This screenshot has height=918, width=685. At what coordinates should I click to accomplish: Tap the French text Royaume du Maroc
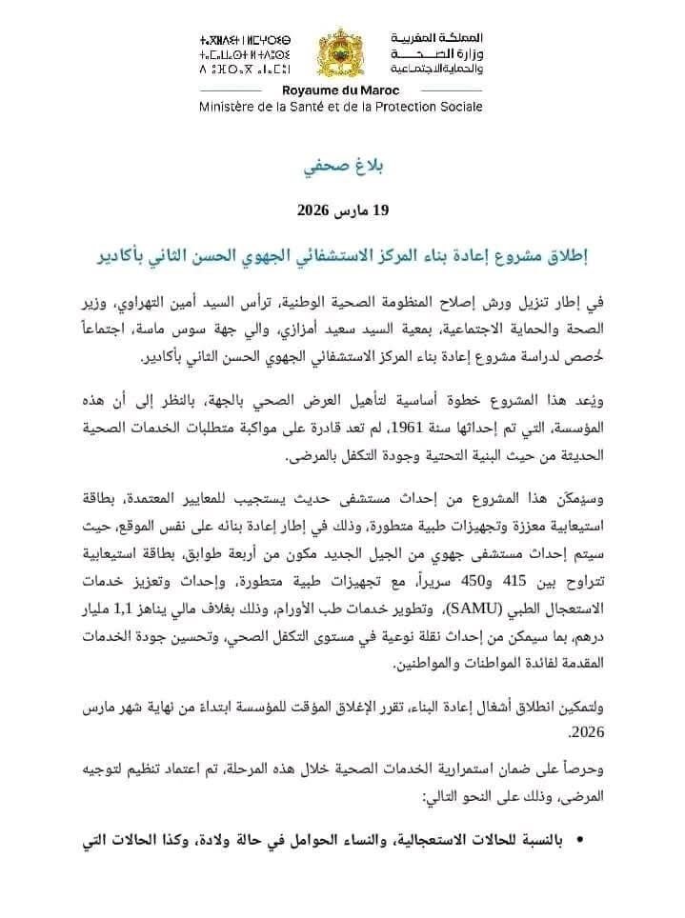click(x=340, y=90)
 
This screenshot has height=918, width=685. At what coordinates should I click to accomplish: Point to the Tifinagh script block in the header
click(x=245, y=54)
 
